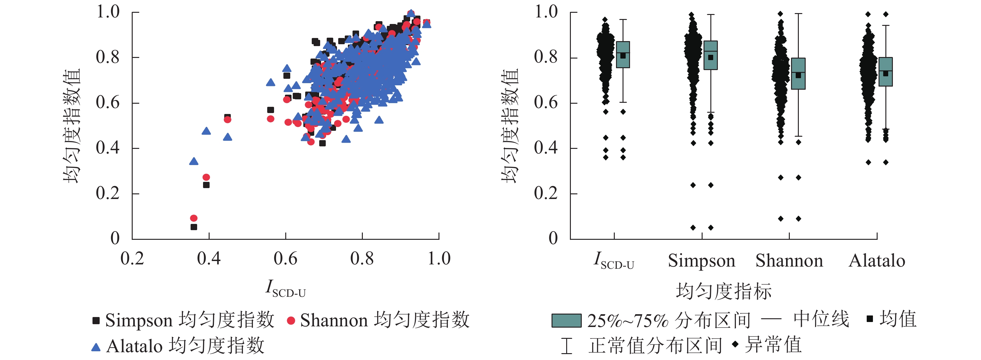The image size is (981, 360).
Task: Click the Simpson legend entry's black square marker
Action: pyautogui.click(x=96, y=320)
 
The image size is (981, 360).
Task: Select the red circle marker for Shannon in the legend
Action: pyautogui.click(x=291, y=321)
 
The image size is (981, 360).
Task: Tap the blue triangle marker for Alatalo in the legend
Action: pyautogui.click(x=96, y=347)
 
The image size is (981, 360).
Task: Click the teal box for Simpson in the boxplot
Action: pyautogui.click(x=711, y=55)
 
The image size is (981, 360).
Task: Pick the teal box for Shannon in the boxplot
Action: pyautogui.click(x=798, y=73)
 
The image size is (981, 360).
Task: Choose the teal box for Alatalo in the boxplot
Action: pyautogui.click(x=886, y=72)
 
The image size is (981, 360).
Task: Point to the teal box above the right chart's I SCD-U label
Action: pyautogui.click(x=623, y=54)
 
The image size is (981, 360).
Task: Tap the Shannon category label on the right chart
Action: pyautogui.click(x=789, y=261)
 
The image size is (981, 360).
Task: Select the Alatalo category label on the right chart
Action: pyautogui.click(x=877, y=261)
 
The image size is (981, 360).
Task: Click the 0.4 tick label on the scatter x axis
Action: pyautogui.click(x=209, y=259)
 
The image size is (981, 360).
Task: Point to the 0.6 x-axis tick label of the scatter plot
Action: pyautogui.click(x=285, y=259)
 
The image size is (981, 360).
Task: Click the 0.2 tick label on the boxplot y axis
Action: pyautogui.click(x=545, y=193)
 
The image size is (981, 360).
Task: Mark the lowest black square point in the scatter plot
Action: pyautogui.click(x=194, y=227)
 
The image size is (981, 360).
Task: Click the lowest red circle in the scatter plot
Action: pyautogui.click(x=194, y=218)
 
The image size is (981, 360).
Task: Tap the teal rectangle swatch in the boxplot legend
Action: pyautogui.click(x=566, y=320)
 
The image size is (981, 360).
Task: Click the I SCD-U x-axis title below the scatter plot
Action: pyautogui.click(x=286, y=288)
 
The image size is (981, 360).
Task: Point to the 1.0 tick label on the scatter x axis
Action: pyautogui.click(x=439, y=259)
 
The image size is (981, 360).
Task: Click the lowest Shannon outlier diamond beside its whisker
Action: pyautogui.click(x=799, y=219)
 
